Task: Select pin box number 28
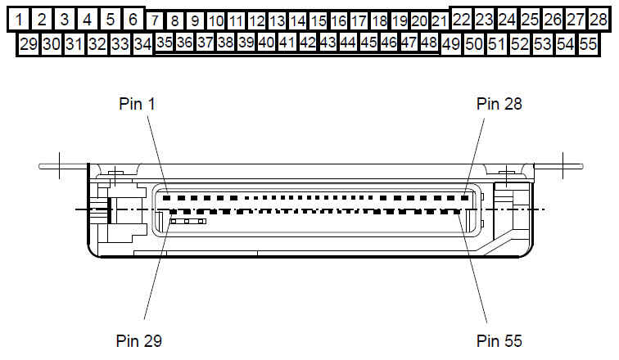(x=599, y=19)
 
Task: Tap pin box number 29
(x=28, y=45)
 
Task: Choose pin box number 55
(x=587, y=45)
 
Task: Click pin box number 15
(x=318, y=20)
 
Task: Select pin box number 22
(x=462, y=19)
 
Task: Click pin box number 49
(x=450, y=45)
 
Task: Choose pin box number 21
(x=440, y=20)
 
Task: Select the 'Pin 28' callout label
(x=499, y=103)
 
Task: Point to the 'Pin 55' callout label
(x=499, y=340)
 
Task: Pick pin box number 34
(x=142, y=45)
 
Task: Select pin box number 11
(x=236, y=20)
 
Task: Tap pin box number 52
(x=519, y=45)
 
